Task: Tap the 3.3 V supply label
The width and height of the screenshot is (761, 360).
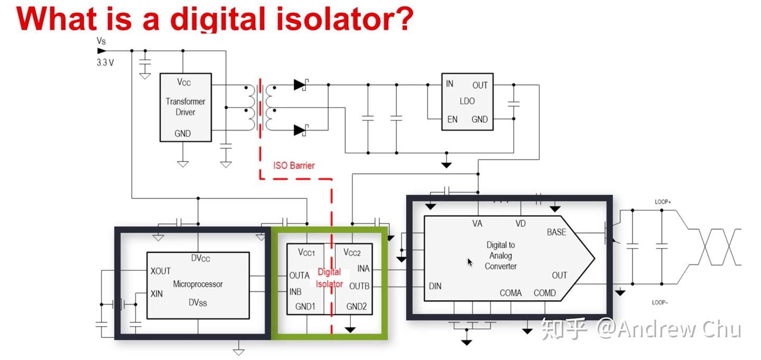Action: pyautogui.click(x=105, y=62)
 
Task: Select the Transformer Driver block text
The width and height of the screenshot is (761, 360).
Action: pyautogui.click(x=185, y=107)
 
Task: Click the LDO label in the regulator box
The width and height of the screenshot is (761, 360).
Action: pyautogui.click(x=467, y=101)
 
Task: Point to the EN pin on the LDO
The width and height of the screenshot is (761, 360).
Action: pyautogui.click(x=452, y=119)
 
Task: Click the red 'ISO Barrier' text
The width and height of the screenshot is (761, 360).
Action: pyautogui.click(x=294, y=165)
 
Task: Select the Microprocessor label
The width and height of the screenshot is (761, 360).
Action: pyautogui.click(x=198, y=284)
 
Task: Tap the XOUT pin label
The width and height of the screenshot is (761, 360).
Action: pyautogui.click(x=161, y=271)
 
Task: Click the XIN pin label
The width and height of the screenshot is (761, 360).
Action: pyautogui.click(x=157, y=293)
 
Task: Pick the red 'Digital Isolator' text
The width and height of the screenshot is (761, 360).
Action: pyautogui.click(x=330, y=278)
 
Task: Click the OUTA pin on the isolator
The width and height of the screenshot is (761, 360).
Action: pyautogui.click(x=299, y=275)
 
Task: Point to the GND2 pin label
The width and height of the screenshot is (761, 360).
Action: pyautogui.click(x=356, y=306)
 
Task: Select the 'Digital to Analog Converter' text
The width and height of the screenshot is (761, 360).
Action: pyautogui.click(x=500, y=256)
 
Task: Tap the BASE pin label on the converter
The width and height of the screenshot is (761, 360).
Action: pyautogui.click(x=556, y=232)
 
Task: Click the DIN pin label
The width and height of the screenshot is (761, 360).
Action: pyautogui.click(x=435, y=287)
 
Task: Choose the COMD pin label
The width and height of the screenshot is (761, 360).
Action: pyautogui.click(x=544, y=293)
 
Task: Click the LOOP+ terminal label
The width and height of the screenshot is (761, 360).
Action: pyautogui.click(x=662, y=202)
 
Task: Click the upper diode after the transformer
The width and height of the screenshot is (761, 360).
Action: pyautogui.click(x=301, y=84)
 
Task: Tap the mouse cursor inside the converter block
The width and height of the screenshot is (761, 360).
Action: pyautogui.click(x=470, y=262)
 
